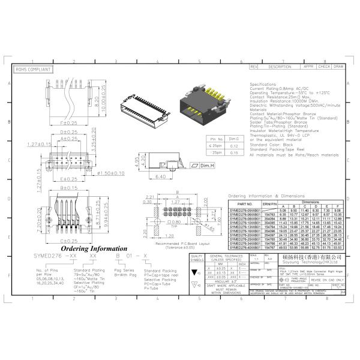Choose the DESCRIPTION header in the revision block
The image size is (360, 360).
[x=280, y=67]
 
